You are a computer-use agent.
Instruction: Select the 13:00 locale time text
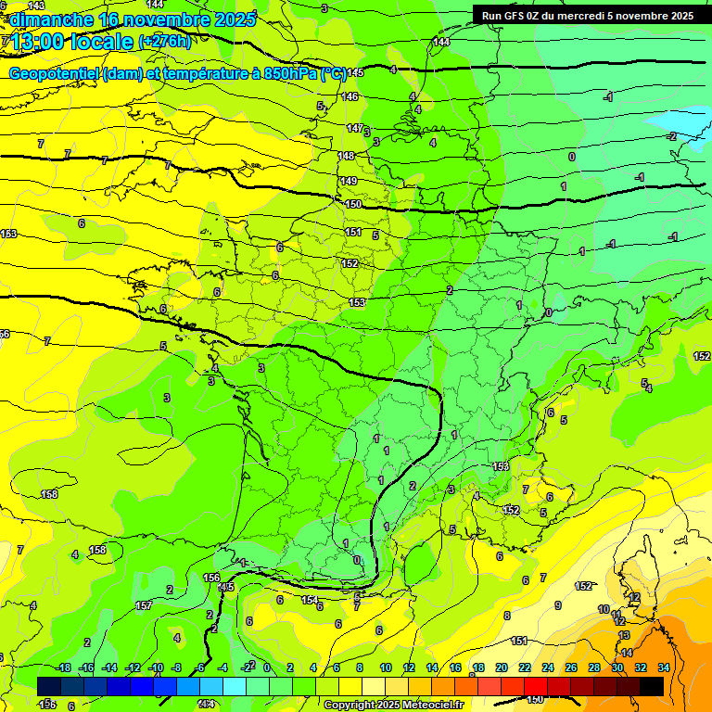[72, 42]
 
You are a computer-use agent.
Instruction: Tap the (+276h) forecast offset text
[165, 41]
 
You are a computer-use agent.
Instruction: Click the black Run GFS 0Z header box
[588, 15]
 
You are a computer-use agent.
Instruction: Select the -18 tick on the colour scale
[64, 667]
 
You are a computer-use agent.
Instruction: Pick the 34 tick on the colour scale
[663, 667]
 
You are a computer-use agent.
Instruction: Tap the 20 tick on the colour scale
[501, 667]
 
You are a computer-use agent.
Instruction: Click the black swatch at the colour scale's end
[652, 686]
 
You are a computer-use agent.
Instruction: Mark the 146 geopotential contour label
[350, 96]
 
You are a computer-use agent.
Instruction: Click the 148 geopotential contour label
[346, 156]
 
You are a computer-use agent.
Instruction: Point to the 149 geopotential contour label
[348, 181]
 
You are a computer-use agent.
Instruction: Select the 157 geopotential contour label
[144, 605]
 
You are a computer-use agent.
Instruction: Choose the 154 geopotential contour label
[310, 601]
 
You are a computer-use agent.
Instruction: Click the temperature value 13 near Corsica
[624, 635]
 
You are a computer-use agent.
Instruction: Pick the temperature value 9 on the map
[557, 605]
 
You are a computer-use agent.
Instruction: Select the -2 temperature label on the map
[672, 136]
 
